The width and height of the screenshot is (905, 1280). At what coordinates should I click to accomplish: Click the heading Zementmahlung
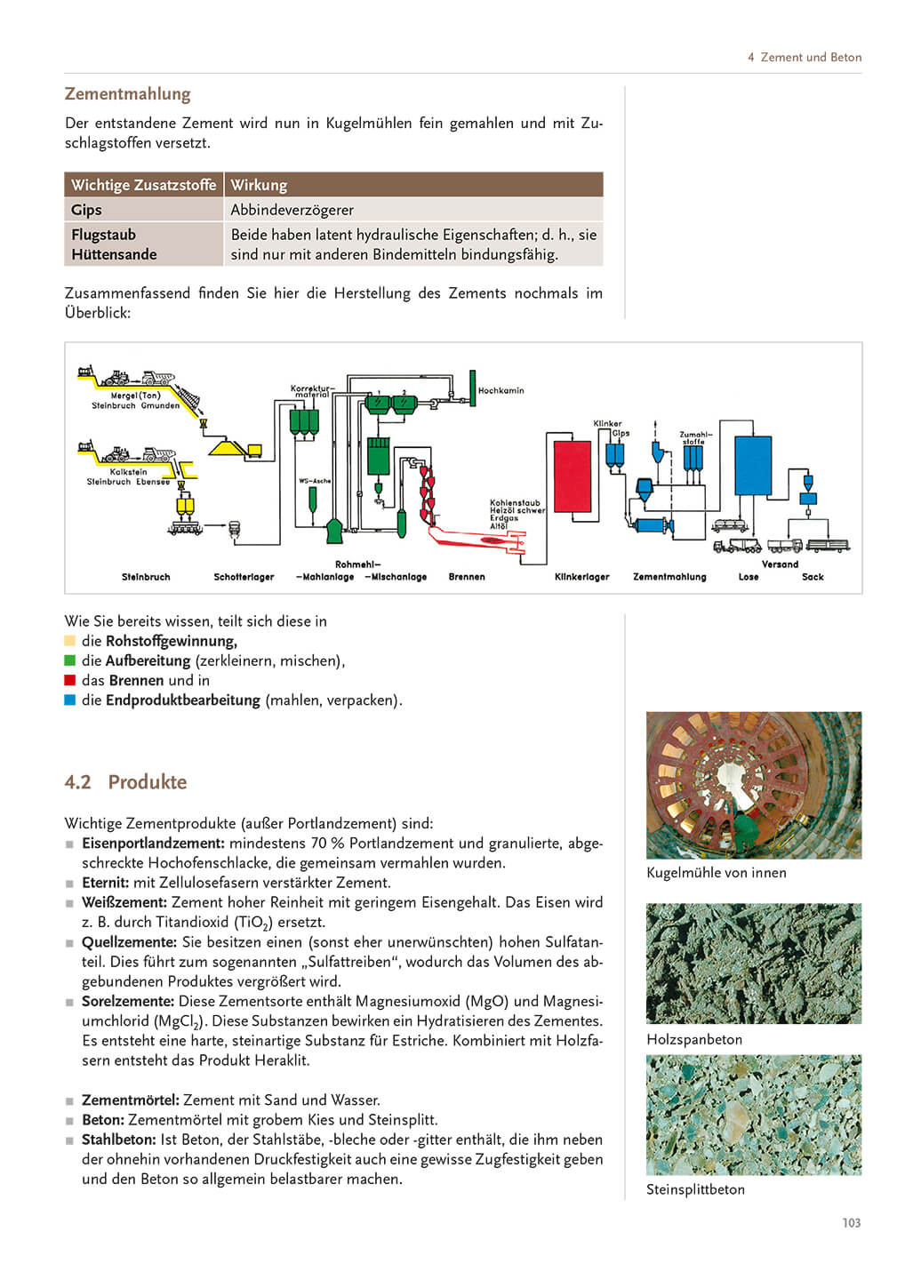127,94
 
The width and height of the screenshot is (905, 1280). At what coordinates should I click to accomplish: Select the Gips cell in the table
87,210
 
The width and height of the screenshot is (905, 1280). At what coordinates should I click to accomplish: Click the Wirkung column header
259,185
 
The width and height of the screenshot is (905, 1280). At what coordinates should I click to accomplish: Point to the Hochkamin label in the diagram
501,390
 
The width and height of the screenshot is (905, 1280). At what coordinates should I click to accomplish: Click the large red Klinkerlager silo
572,476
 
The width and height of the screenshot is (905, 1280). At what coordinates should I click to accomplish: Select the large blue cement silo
752,464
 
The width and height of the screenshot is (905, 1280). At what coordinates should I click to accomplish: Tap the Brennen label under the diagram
467,577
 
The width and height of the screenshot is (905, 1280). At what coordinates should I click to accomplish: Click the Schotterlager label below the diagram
244,577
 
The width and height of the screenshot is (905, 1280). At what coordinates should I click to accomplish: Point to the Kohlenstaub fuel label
515,503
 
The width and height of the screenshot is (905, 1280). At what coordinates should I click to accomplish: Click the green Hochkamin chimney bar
472,388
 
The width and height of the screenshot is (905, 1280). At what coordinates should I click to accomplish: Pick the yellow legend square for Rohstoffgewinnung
70,641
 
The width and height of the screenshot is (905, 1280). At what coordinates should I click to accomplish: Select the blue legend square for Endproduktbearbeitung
70,700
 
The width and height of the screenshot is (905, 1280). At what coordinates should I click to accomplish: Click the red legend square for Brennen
70,680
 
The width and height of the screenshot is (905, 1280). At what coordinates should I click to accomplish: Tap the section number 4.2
77,782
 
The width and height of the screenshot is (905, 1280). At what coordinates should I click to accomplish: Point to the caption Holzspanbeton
694,1039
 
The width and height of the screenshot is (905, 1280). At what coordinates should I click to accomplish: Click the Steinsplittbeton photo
753,1115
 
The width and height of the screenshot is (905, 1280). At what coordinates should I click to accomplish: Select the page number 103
851,1223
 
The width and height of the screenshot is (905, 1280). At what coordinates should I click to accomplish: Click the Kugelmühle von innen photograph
753,785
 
